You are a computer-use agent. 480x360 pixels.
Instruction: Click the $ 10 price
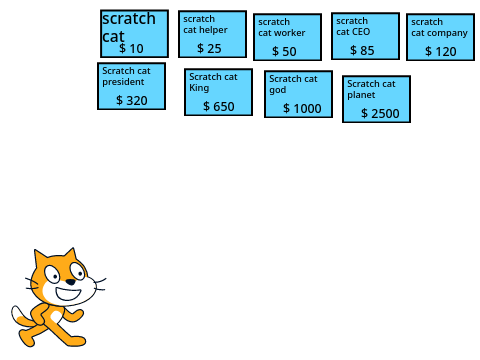pyautogui.click(x=131, y=49)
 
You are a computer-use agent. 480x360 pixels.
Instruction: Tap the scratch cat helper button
pyautogui.click(x=212, y=34)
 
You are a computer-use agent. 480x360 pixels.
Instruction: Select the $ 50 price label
pyautogui.click(x=284, y=51)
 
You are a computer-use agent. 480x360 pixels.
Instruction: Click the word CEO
pyautogui.click(x=361, y=32)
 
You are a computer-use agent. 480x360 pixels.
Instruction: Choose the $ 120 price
pyautogui.click(x=441, y=51)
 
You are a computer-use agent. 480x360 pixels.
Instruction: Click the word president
pyautogui.click(x=123, y=82)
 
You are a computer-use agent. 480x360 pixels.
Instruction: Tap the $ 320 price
pyautogui.click(x=132, y=100)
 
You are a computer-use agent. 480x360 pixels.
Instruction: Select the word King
pyautogui.click(x=199, y=88)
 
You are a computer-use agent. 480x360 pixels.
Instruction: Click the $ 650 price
pyautogui.click(x=219, y=106)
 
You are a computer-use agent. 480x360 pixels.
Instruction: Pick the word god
pyautogui.click(x=278, y=90)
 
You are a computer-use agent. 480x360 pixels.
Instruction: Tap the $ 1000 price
pyautogui.click(x=302, y=108)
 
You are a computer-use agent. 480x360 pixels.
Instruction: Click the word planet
pyautogui.click(x=361, y=95)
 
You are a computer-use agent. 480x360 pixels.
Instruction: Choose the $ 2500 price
pyautogui.click(x=380, y=113)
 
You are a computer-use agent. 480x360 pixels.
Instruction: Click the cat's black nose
pyautogui.click(x=71, y=282)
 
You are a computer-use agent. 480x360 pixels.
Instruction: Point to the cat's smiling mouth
pyautogui.click(x=68, y=294)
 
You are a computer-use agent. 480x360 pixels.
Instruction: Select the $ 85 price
pyautogui.click(x=362, y=50)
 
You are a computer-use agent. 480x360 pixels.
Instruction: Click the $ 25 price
pyautogui.click(x=209, y=48)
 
